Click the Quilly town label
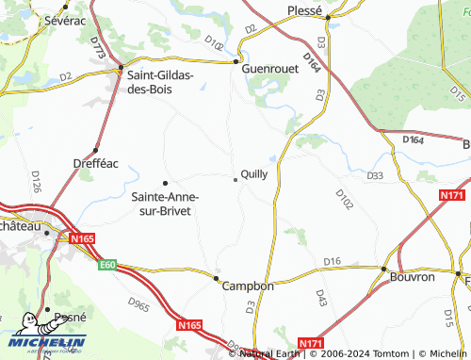[x=254, y=173]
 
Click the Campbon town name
[x=247, y=286]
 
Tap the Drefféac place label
[x=95, y=163]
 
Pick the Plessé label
[x=304, y=11]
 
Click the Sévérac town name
[x=64, y=19]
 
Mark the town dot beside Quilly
[x=235, y=179]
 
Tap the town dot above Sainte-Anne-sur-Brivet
[x=165, y=183]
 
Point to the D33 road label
[x=375, y=175]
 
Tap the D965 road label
[x=138, y=306]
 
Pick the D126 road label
[x=37, y=181]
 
